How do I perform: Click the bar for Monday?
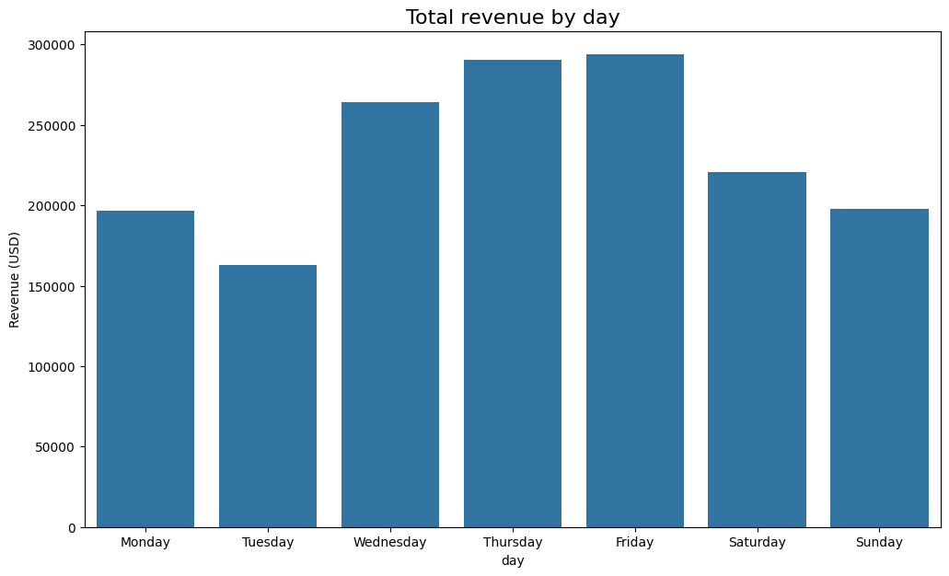click(145, 368)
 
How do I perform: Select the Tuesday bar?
click(268, 396)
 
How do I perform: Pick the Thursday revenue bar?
click(513, 294)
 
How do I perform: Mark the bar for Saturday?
click(757, 350)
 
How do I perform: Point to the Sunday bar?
click(879, 368)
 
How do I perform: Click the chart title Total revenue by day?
click(513, 17)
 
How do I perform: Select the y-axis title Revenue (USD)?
click(15, 279)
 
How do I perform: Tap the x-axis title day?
click(513, 559)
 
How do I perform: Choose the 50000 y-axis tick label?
click(58, 447)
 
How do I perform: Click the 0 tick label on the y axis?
click(72, 528)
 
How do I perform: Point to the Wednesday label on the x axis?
click(390, 543)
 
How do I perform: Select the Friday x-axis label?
click(635, 543)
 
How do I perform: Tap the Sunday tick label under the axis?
click(879, 543)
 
